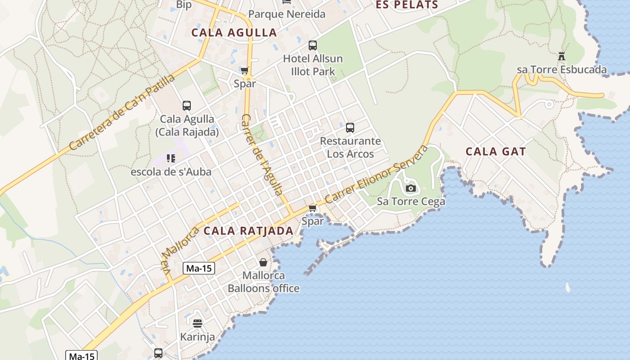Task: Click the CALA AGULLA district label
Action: tap(234, 32)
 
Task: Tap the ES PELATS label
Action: tap(407, 5)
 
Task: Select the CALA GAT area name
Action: tap(495, 152)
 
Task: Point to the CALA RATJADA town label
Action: tap(248, 231)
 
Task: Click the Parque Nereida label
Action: tap(287, 14)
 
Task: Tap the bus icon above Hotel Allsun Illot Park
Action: tap(313, 45)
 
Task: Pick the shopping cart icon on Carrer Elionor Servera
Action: tap(313, 208)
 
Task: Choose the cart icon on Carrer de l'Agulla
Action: tap(244, 70)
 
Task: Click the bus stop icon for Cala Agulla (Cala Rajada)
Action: tap(187, 106)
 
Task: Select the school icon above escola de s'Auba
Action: tap(171, 158)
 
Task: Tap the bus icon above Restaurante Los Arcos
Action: tap(350, 128)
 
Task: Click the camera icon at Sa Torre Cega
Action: tap(410, 188)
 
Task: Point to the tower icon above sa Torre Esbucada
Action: tap(561, 56)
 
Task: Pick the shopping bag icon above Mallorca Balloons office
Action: tap(263, 262)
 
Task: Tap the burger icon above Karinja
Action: tap(197, 323)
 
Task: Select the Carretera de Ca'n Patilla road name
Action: tap(122, 112)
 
